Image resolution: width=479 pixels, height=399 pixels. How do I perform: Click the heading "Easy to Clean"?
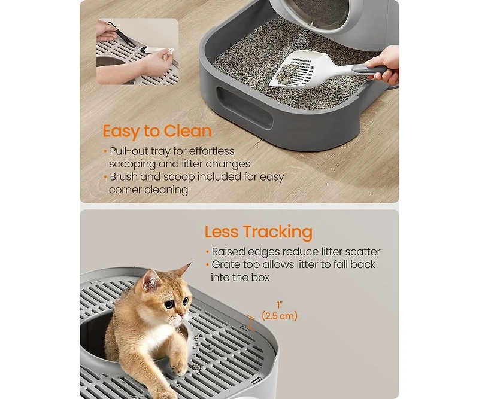[x=157, y=131]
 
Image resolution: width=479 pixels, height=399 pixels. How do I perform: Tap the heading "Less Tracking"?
[x=258, y=232]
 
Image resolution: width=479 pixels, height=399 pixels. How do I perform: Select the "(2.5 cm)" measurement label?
[x=280, y=315]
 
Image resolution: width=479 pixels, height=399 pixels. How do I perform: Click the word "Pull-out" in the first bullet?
[x=128, y=151]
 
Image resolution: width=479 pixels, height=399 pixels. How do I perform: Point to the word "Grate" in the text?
[x=228, y=264]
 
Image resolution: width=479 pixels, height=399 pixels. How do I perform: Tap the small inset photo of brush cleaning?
[x=137, y=51]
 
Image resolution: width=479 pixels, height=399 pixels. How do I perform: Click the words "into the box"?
[x=239, y=278]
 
